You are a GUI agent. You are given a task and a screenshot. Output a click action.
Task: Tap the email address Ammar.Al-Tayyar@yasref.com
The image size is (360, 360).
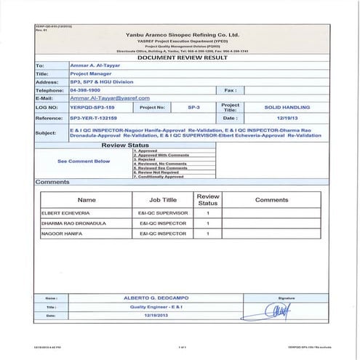pos(110,97)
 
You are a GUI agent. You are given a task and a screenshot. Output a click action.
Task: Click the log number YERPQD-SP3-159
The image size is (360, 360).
pos(93,106)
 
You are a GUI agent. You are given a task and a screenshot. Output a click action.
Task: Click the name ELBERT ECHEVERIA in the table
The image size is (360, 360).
pos(65,213)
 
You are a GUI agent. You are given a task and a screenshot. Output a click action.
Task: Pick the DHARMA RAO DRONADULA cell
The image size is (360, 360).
pos(71,224)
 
